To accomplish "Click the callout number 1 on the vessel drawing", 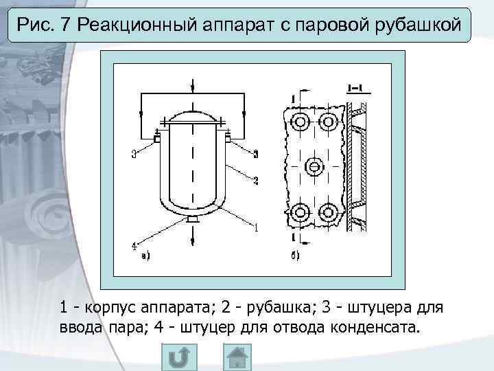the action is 256,227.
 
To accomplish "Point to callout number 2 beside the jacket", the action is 255,181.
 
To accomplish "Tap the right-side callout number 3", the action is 255,153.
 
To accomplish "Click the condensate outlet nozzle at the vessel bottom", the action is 193,219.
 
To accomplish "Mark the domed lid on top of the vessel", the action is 193,115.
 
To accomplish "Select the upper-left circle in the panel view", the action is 300,124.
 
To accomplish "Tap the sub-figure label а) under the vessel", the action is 145,256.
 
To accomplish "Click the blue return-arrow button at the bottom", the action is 180,358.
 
